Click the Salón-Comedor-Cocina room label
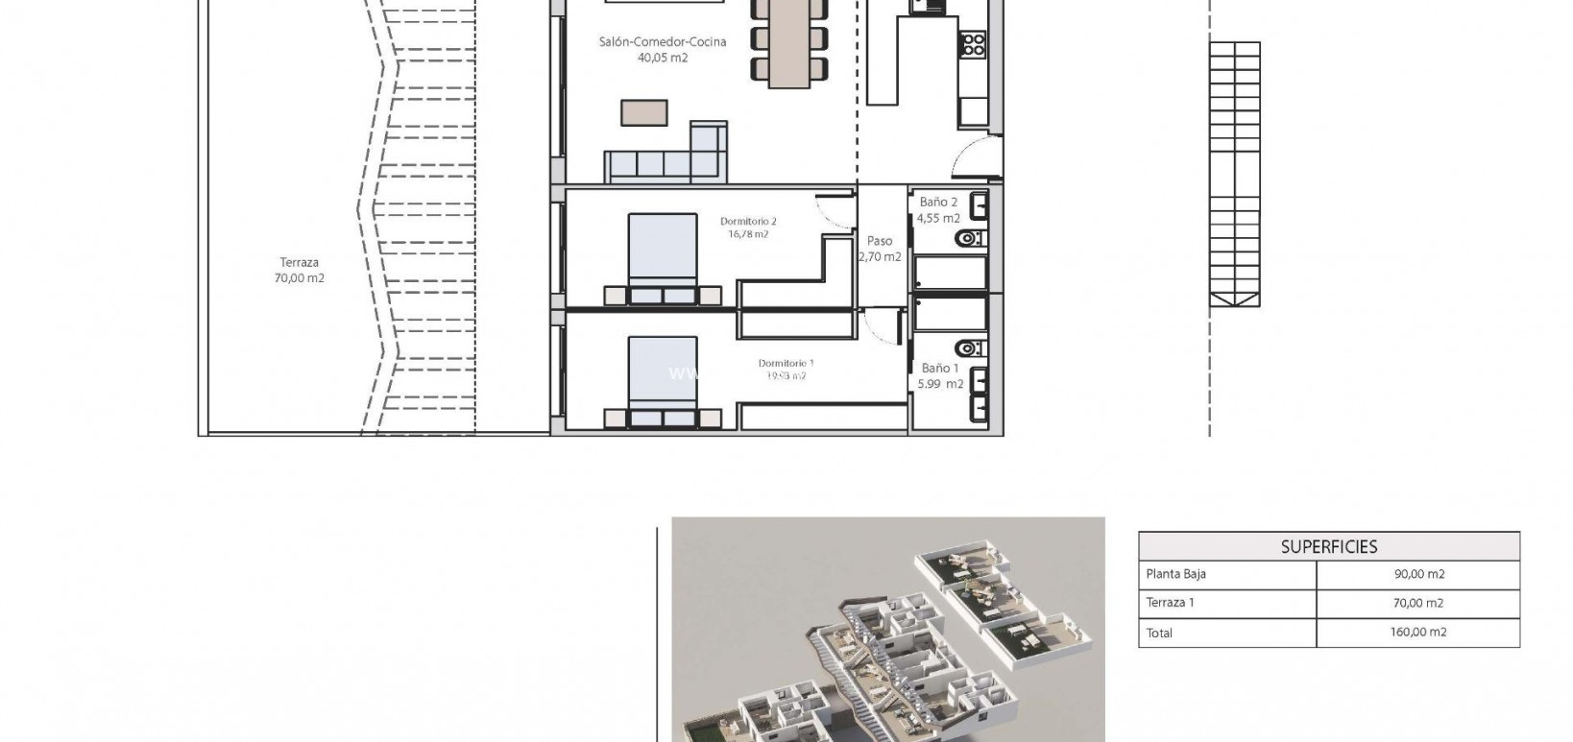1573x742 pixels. point(662,41)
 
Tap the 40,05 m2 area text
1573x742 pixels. point(662,58)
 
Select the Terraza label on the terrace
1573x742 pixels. point(299,262)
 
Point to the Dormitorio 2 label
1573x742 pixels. point(748,222)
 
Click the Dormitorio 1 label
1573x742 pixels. point(786,363)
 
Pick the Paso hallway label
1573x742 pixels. point(880,241)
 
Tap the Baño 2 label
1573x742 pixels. point(938,203)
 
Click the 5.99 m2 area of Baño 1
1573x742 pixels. point(941,384)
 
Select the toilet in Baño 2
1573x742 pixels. point(971,237)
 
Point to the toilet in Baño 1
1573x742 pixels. point(971,347)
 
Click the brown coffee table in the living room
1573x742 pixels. point(643,112)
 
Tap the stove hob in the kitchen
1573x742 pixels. point(973,42)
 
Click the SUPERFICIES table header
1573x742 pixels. point(1328,547)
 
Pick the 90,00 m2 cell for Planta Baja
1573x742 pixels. point(1418,574)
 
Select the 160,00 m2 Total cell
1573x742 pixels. point(1418,632)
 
